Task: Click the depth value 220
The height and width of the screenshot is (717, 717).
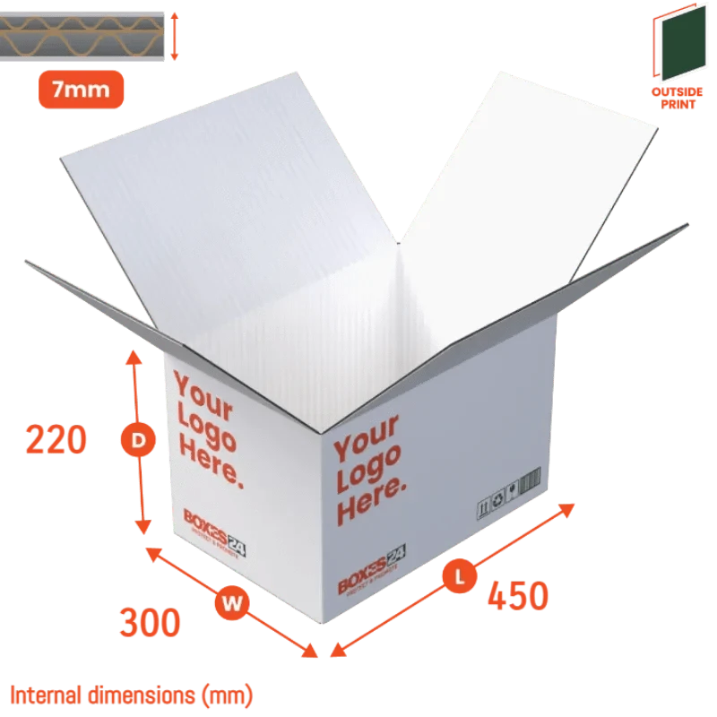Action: tap(56, 441)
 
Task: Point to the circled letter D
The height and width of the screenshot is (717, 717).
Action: tap(138, 440)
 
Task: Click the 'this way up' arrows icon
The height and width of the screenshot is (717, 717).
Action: tap(484, 507)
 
